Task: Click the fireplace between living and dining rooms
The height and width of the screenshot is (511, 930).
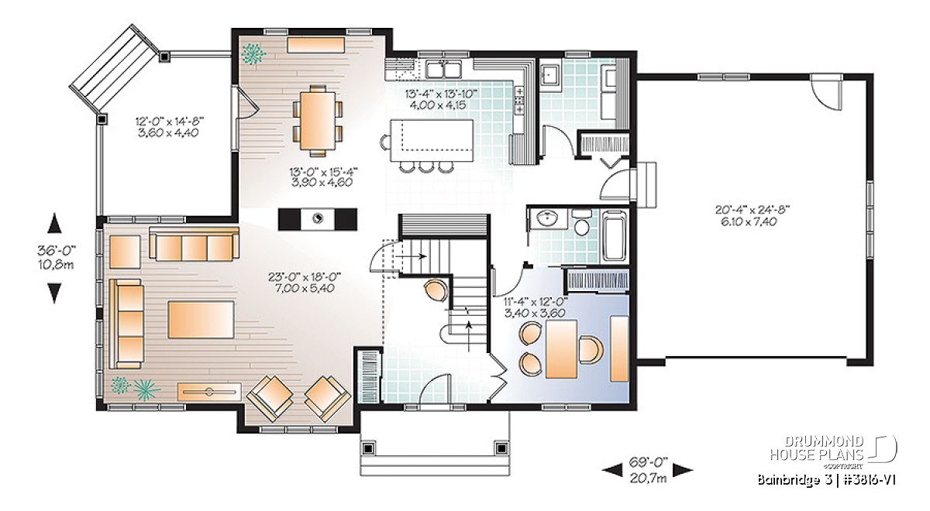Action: point(318,219)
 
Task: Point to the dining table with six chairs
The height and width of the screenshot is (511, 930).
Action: point(318,120)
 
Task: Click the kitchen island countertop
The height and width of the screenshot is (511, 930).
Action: point(432,141)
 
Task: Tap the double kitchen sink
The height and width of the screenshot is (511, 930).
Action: point(443,69)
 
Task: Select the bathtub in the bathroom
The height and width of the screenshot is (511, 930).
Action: point(615,235)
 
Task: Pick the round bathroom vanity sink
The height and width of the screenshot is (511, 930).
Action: point(548,218)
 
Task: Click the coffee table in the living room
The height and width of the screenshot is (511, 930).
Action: point(201,319)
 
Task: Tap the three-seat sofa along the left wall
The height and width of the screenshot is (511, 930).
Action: point(126,324)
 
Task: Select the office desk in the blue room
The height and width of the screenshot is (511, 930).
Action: point(561,349)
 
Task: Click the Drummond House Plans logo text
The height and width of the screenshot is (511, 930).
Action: point(816,448)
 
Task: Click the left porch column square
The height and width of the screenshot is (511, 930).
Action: point(368,448)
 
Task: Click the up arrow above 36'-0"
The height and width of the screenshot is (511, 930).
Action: point(54,224)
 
